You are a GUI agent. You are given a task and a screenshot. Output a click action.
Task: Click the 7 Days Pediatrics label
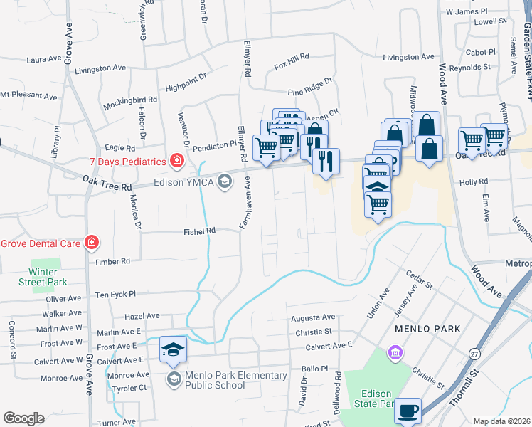coord(128,162)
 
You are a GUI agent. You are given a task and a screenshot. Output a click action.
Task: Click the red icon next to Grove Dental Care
coord(91,243)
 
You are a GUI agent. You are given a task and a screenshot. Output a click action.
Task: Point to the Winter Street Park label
coord(48,277)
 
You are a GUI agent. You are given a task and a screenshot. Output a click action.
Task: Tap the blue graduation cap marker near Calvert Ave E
coord(173,349)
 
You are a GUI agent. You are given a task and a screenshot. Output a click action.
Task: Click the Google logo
coord(23,418)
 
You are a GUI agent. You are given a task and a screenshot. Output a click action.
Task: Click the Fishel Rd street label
coord(199,231)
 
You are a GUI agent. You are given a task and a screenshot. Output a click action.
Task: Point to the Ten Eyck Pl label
coord(115,294)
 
